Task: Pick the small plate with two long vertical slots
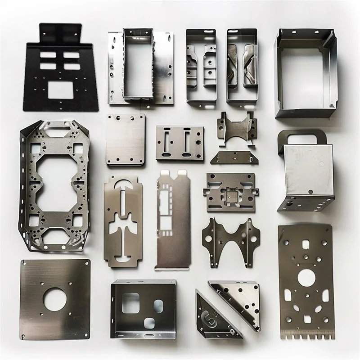point(180,144)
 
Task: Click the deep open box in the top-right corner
point(306,72)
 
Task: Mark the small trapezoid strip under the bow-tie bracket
point(234,157)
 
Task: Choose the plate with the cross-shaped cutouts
point(124,221)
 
